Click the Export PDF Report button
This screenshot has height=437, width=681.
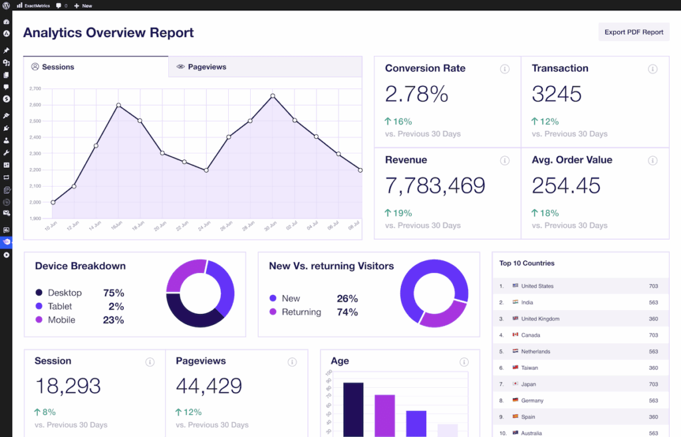[634, 32]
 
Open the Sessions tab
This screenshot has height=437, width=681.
[57, 67]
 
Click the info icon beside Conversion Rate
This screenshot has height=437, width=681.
[505, 69]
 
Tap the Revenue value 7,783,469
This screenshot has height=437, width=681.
[435, 185]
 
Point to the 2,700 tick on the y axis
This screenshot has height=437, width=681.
[35, 88]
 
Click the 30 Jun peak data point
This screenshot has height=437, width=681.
[273, 96]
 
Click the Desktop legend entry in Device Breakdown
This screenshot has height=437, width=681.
[65, 293]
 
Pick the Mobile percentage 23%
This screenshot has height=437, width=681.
[113, 320]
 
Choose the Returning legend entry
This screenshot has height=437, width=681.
[301, 312]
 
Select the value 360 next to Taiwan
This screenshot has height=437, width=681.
[653, 368]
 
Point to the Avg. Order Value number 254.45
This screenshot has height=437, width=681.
[566, 185]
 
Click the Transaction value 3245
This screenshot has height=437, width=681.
[557, 94]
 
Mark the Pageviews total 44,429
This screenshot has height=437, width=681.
[209, 385]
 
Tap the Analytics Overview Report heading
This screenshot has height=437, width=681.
[108, 33]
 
